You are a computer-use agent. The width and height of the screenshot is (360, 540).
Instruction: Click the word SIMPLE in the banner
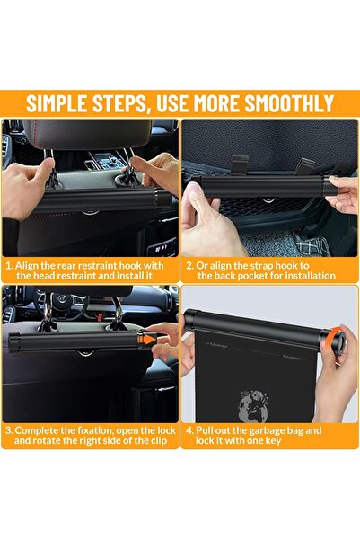pyautogui.click(x=57, y=102)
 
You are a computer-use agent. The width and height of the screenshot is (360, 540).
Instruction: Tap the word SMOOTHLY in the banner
pyautogui.click(x=289, y=102)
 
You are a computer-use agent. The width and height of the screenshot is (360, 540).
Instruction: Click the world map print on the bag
pyautogui.click(x=254, y=406)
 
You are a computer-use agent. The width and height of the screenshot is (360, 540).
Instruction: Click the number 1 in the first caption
pyautogui.click(x=9, y=266)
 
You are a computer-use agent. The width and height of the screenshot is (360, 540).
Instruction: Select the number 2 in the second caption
pyautogui.click(x=189, y=266)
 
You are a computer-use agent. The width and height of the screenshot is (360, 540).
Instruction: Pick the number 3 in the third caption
pyautogui.click(x=9, y=430)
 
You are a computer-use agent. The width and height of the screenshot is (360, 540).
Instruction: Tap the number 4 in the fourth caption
pyautogui.click(x=189, y=430)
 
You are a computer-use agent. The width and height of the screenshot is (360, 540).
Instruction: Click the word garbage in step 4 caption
pyautogui.click(x=271, y=431)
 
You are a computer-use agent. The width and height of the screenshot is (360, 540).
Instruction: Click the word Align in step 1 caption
pyautogui.click(x=27, y=266)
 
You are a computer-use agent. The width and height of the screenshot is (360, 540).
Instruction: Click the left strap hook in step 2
pyautogui.click(x=240, y=164)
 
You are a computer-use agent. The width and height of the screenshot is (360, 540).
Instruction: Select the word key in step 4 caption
pyautogui.click(x=274, y=441)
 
